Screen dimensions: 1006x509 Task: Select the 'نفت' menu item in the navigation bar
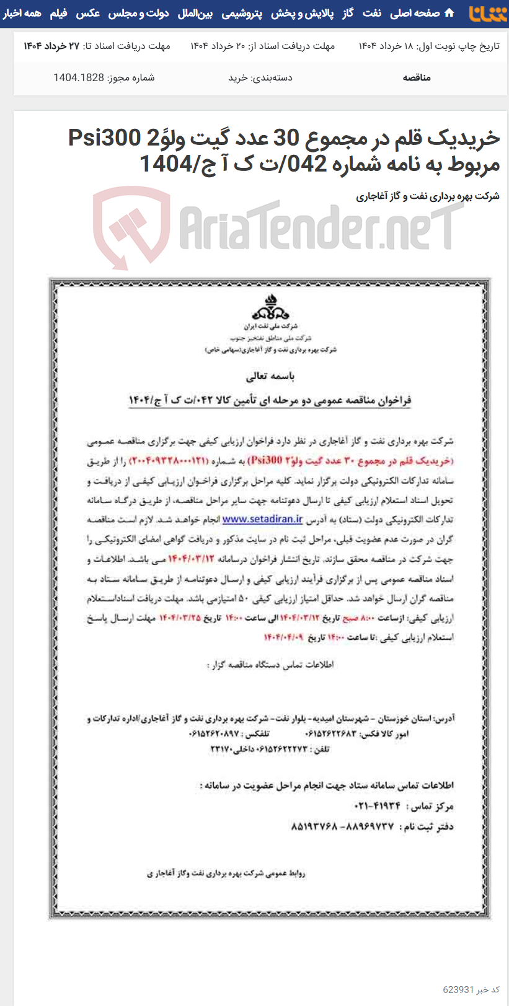coord(372,13)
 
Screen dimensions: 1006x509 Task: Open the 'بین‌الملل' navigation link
coord(195,13)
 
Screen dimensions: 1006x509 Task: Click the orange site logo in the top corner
coord(487,13)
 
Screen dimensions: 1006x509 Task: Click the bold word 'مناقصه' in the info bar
coord(417,77)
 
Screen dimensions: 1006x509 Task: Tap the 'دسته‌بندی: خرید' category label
coord(260,77)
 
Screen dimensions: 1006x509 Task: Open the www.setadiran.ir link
coord(262,519)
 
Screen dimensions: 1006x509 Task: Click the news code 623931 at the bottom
coord(459,989)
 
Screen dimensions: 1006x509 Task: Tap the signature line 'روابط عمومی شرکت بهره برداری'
coord(226,873)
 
